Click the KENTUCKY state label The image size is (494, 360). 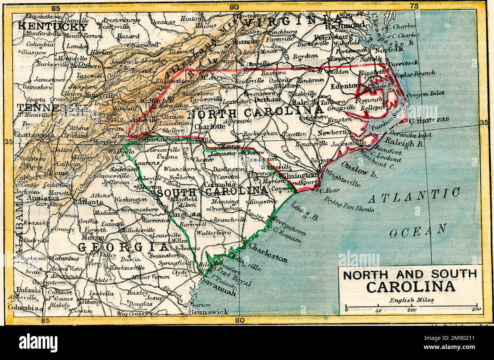(x=53, y=27)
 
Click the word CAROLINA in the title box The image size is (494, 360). (x=410, y=287)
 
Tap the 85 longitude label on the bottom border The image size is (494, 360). (x=45, y=320)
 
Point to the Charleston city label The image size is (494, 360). (x=268, y=253)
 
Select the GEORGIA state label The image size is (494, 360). (x=122, y=247)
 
